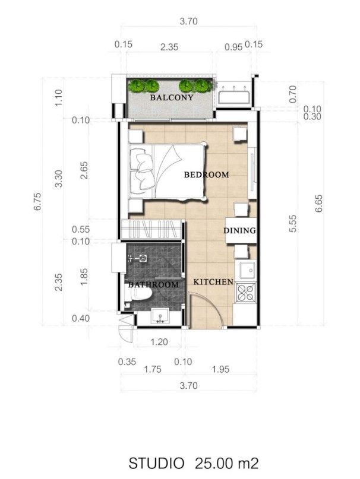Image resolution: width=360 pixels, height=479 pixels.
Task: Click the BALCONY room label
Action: [x=172, y=97]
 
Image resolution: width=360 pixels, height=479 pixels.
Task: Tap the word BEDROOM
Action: [x=206, y=175]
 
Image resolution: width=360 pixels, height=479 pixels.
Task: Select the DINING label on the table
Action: [x=239, y=230]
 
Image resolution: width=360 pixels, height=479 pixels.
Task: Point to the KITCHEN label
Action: [x=213, y=282]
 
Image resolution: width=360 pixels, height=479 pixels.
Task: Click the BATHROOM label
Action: [x=153, y=285]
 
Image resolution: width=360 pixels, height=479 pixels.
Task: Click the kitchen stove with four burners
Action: [x=246, y=293]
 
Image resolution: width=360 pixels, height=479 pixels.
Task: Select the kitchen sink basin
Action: [x=248, y=270]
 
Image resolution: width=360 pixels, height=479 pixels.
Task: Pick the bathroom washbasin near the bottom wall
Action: [x=160, y=316]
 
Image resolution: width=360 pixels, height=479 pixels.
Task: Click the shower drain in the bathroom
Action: [x=143, y=258]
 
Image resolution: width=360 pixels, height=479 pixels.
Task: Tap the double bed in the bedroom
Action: [x=168, y=172]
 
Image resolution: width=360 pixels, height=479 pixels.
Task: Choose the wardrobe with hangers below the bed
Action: [x=151, y=230]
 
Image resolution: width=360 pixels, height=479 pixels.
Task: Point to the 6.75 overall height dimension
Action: [x=37, y=202]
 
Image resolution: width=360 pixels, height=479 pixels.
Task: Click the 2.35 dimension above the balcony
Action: [x=169, y=47]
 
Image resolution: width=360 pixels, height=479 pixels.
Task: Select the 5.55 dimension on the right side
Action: [x=293, y=224]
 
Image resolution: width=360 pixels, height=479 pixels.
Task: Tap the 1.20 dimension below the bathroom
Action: [x=159, y=341]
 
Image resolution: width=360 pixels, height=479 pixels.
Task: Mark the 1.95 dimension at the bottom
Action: [x=220, y=369]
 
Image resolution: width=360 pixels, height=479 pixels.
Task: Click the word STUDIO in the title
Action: [x=156, y=463]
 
